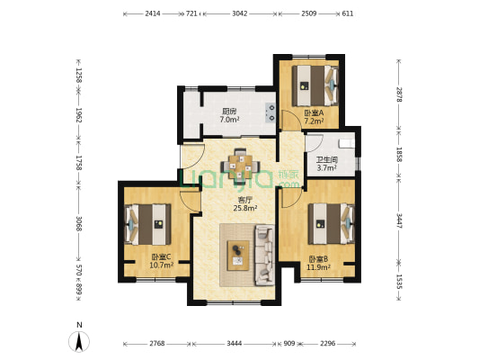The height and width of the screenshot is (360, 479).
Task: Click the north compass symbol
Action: click(x=79, y=338)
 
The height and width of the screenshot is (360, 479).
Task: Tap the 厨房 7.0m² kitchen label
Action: click(x=229, y=115)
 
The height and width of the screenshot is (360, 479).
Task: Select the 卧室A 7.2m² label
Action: click(x=314, y=117)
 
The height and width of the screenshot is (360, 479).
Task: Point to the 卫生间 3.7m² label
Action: click(x=327, y=164)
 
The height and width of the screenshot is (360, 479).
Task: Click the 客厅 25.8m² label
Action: click(x=245, y=204)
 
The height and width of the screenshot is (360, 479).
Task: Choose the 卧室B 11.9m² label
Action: click(x=318, y=264)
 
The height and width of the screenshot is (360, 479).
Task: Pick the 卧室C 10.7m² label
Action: click(x=161, y=261)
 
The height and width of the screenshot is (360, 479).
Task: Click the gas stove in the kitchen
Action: click(x=271, y=112)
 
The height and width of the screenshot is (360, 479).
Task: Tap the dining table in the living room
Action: click(x=241, y=166)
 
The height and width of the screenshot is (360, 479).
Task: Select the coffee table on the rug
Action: click(x=238, y=256)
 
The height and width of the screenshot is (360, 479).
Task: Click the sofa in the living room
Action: click(x=264, y=255)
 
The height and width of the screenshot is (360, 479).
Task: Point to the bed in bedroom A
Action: click(x=315, y=85)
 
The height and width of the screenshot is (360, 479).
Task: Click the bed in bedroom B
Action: click(x=331, y=223)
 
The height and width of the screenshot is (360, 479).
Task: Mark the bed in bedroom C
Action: click(x=147, y=224)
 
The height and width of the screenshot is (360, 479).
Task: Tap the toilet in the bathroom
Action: click(x=347, y=143)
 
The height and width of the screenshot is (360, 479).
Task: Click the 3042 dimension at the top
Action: click(x=240, y=13)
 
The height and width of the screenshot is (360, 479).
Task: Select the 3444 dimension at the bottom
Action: click(x=235, y=344)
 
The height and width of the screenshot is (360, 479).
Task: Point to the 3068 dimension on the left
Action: click(x=79, y=223)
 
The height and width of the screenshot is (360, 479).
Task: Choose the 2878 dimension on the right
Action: click(x=399, y=94)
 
